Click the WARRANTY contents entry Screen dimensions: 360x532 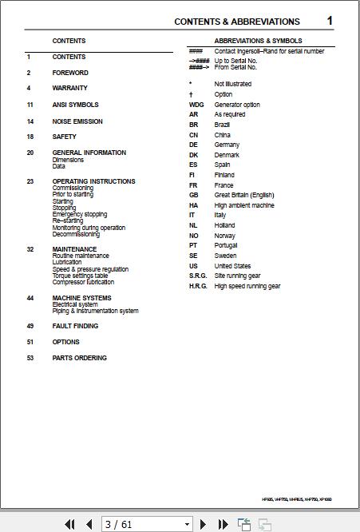click(70, 88)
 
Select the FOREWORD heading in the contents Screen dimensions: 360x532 click(70, 73)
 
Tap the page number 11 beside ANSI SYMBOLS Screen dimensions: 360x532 click(30, 105)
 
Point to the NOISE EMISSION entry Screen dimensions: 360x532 click(77, 121)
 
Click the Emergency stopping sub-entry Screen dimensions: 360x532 click(80, 214)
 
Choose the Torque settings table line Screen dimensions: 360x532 click(80, 276)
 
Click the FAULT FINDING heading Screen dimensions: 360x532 click(76, 326)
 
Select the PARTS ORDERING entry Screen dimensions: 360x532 click(80, 358)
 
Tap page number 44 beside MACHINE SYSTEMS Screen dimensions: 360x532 click(30, 298)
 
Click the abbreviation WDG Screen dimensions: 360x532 click(196, 105)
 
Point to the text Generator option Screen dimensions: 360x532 click(237, 105)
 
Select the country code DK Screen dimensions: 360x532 click(193, 155)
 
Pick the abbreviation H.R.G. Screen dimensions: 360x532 click(198, 286)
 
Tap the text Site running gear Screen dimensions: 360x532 click(238, 276)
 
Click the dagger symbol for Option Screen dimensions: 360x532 click(191, 94)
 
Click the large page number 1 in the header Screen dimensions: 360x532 click(330, 21)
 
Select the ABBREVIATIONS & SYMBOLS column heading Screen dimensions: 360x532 click(259, 41)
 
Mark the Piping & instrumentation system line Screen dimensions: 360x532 click(96, 311)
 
